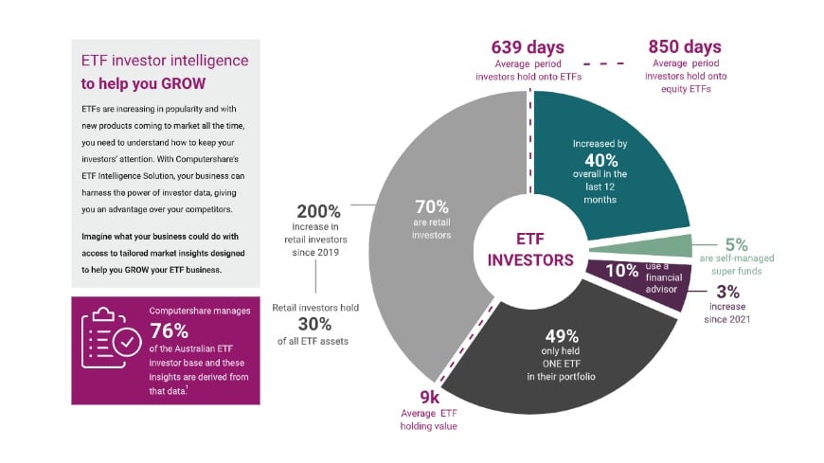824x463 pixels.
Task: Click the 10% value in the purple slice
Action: pos(621,271)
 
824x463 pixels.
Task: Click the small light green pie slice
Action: pos(644,245)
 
